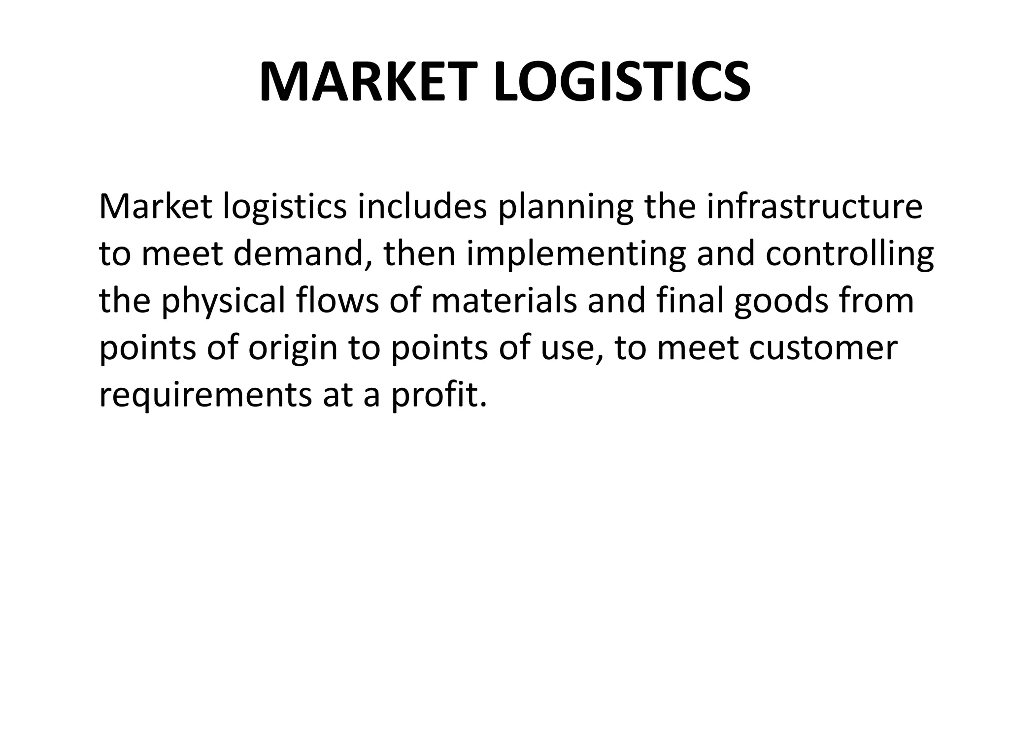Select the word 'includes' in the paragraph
(422, 207)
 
